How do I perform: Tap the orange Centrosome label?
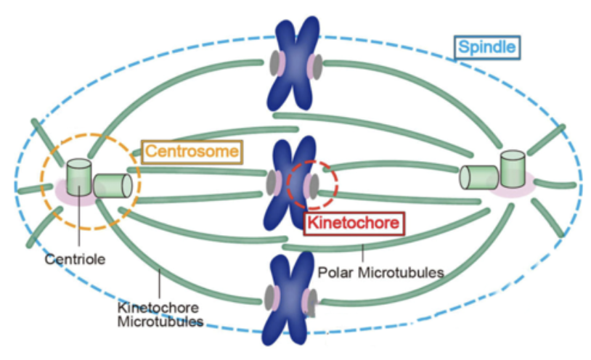[x=191, y=152]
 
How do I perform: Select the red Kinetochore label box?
[x=352, y=223]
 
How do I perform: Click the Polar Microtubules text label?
[x=380, y=272]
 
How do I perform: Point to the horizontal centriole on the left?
[x=113, y=187]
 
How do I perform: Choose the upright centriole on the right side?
[x=512, y=170]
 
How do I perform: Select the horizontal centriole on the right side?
[x=478, y=178]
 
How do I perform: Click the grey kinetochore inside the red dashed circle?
[x=314, y=185]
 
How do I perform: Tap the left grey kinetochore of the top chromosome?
[x=273, y=64]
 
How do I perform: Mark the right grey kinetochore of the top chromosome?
[x=317, y=65]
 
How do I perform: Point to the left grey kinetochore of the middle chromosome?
[x=271, y=181]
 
